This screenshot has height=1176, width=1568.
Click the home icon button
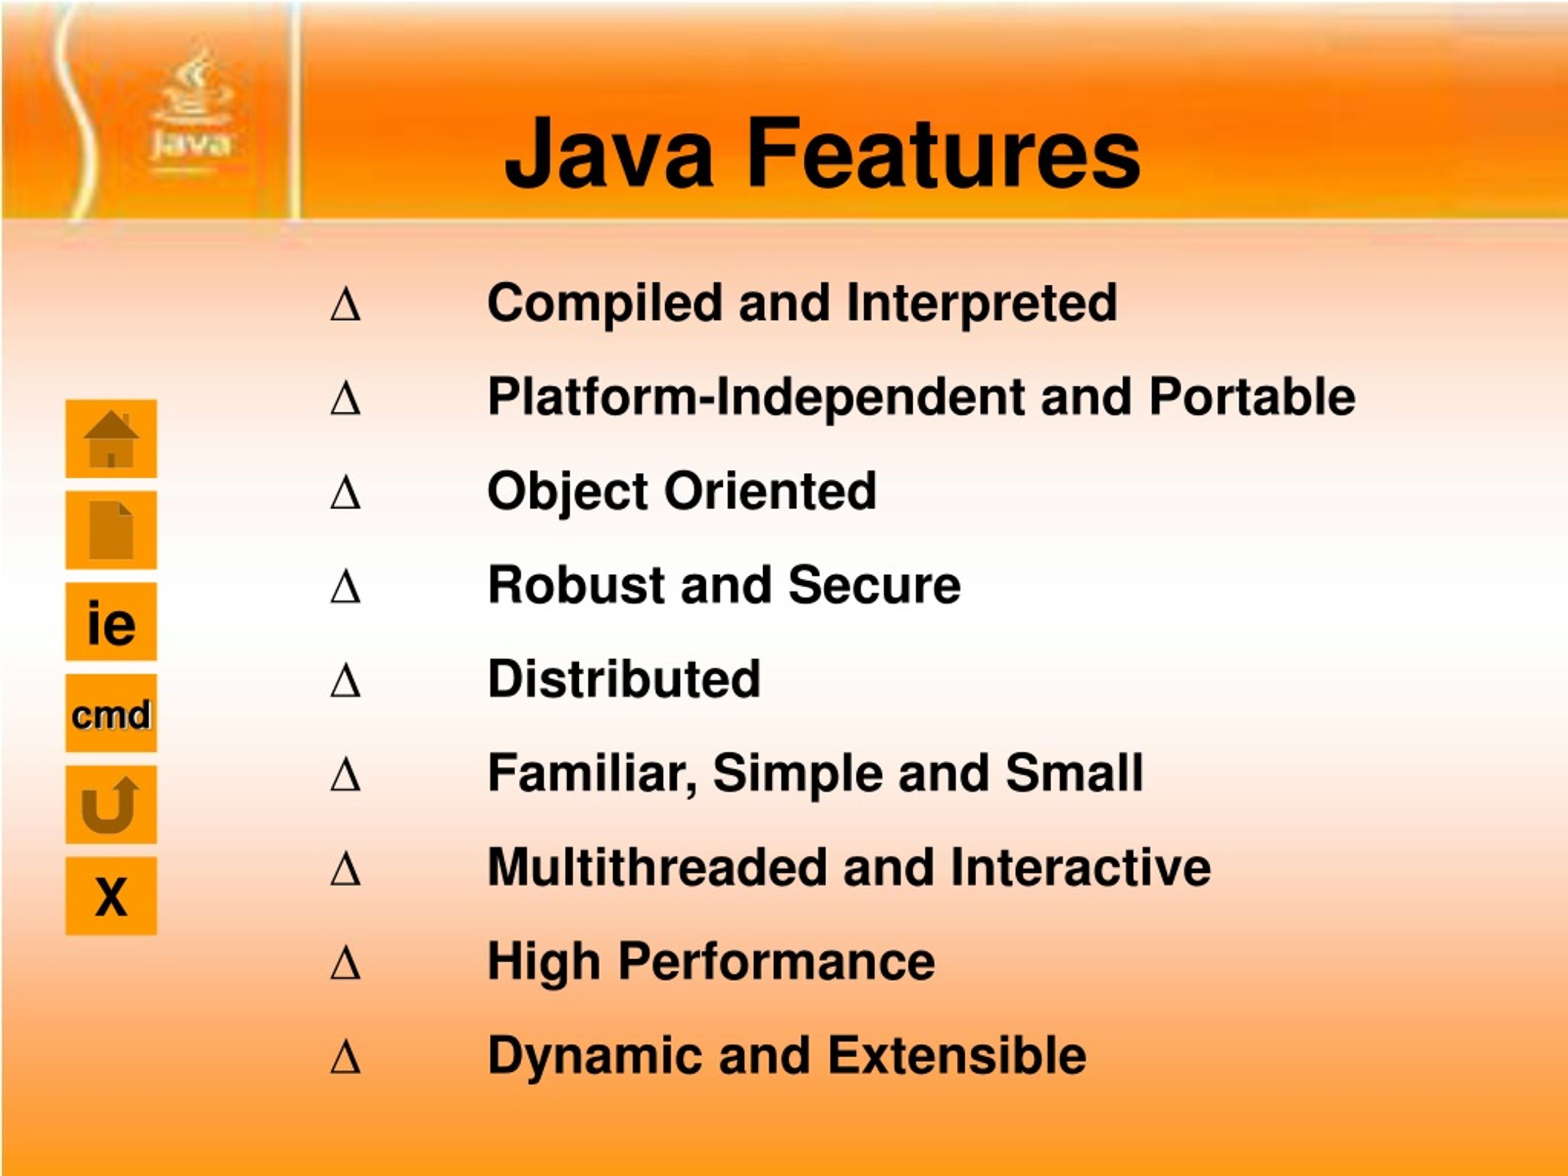(x=111, y=439)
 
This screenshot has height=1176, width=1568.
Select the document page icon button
(x=111, y=530)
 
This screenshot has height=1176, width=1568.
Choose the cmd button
(x=111, y=713)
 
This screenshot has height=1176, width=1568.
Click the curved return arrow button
(x=111, y=805)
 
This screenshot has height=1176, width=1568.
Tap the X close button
(x=111, y=896)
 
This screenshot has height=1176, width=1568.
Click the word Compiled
(x=604, y=303)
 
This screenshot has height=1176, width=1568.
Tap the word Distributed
(x=624, y=679)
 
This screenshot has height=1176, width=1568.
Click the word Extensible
(x=956, y=1055)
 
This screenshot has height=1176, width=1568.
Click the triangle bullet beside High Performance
(x=345, y=963)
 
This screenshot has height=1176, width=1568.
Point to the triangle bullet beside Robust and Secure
(x=345, y=586)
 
